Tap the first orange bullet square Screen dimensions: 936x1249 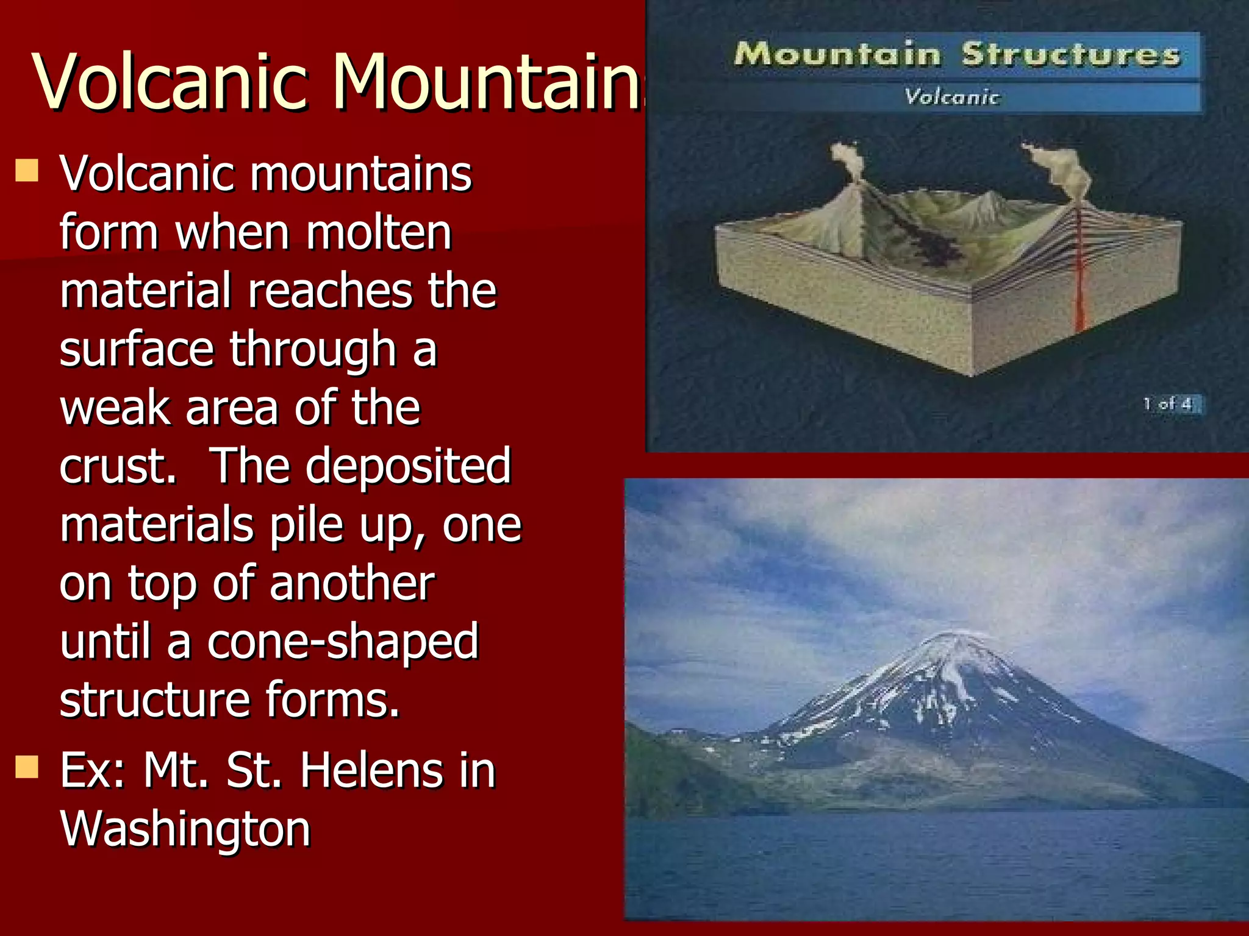click(x=27, y=171)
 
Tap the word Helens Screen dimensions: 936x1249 click(x=370, y=771)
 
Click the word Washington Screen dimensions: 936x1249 click(x=185, y=829)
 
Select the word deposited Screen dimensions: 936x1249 click(x=407, y=466)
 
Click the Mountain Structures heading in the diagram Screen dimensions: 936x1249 click(x=956, y=55)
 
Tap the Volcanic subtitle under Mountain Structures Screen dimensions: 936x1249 click(x=951, y=97)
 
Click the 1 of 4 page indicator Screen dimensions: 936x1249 click(x=1168, y=404)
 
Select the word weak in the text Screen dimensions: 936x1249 click(x=116, y=408)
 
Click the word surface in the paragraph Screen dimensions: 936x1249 click(x=137, y=349)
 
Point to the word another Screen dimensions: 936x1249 click(x=352, y=583)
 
